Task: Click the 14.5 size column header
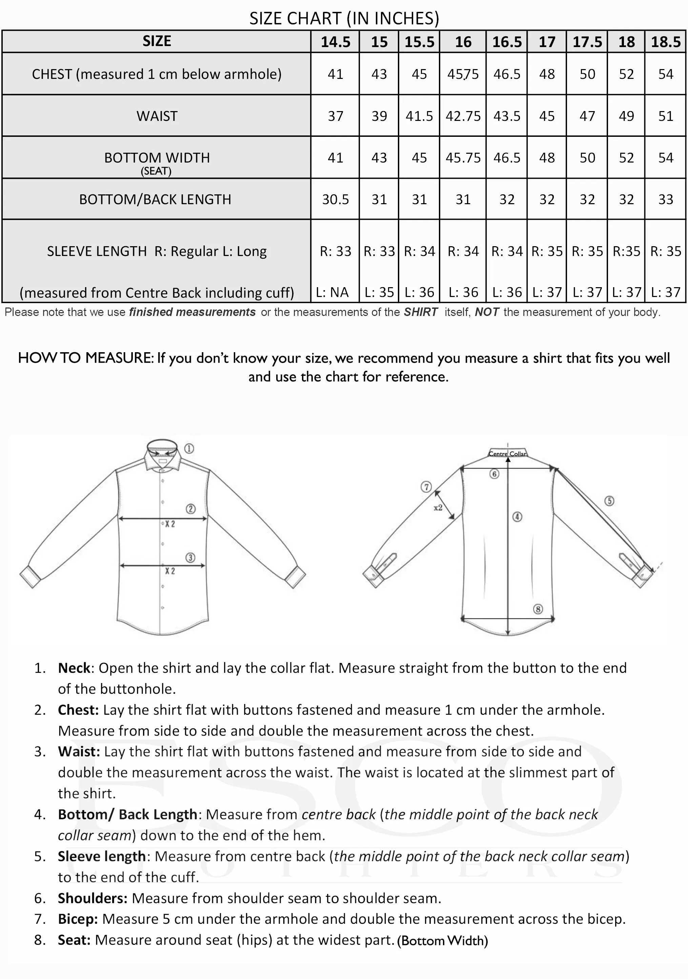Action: (336, 42)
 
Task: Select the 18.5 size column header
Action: (665, 42)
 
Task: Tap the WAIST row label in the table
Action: (157, 116)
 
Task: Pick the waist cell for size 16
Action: (463, 116)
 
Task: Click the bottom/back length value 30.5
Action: (336, 199)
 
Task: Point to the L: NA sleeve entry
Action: (332, 292)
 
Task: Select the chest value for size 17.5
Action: (587, 74)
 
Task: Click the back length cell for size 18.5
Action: (665, 199)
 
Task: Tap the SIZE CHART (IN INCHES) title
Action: (344, 18)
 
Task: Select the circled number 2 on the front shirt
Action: (190, 509)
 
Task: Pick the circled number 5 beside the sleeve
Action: (609, 501)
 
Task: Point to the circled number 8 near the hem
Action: (538, 609)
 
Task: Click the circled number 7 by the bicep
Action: (426, 487)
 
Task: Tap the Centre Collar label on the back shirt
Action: (507, 454)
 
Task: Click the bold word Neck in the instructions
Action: (74, 668)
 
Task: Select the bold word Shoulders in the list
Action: (93, 898)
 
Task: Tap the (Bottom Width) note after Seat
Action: (442, 941)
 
